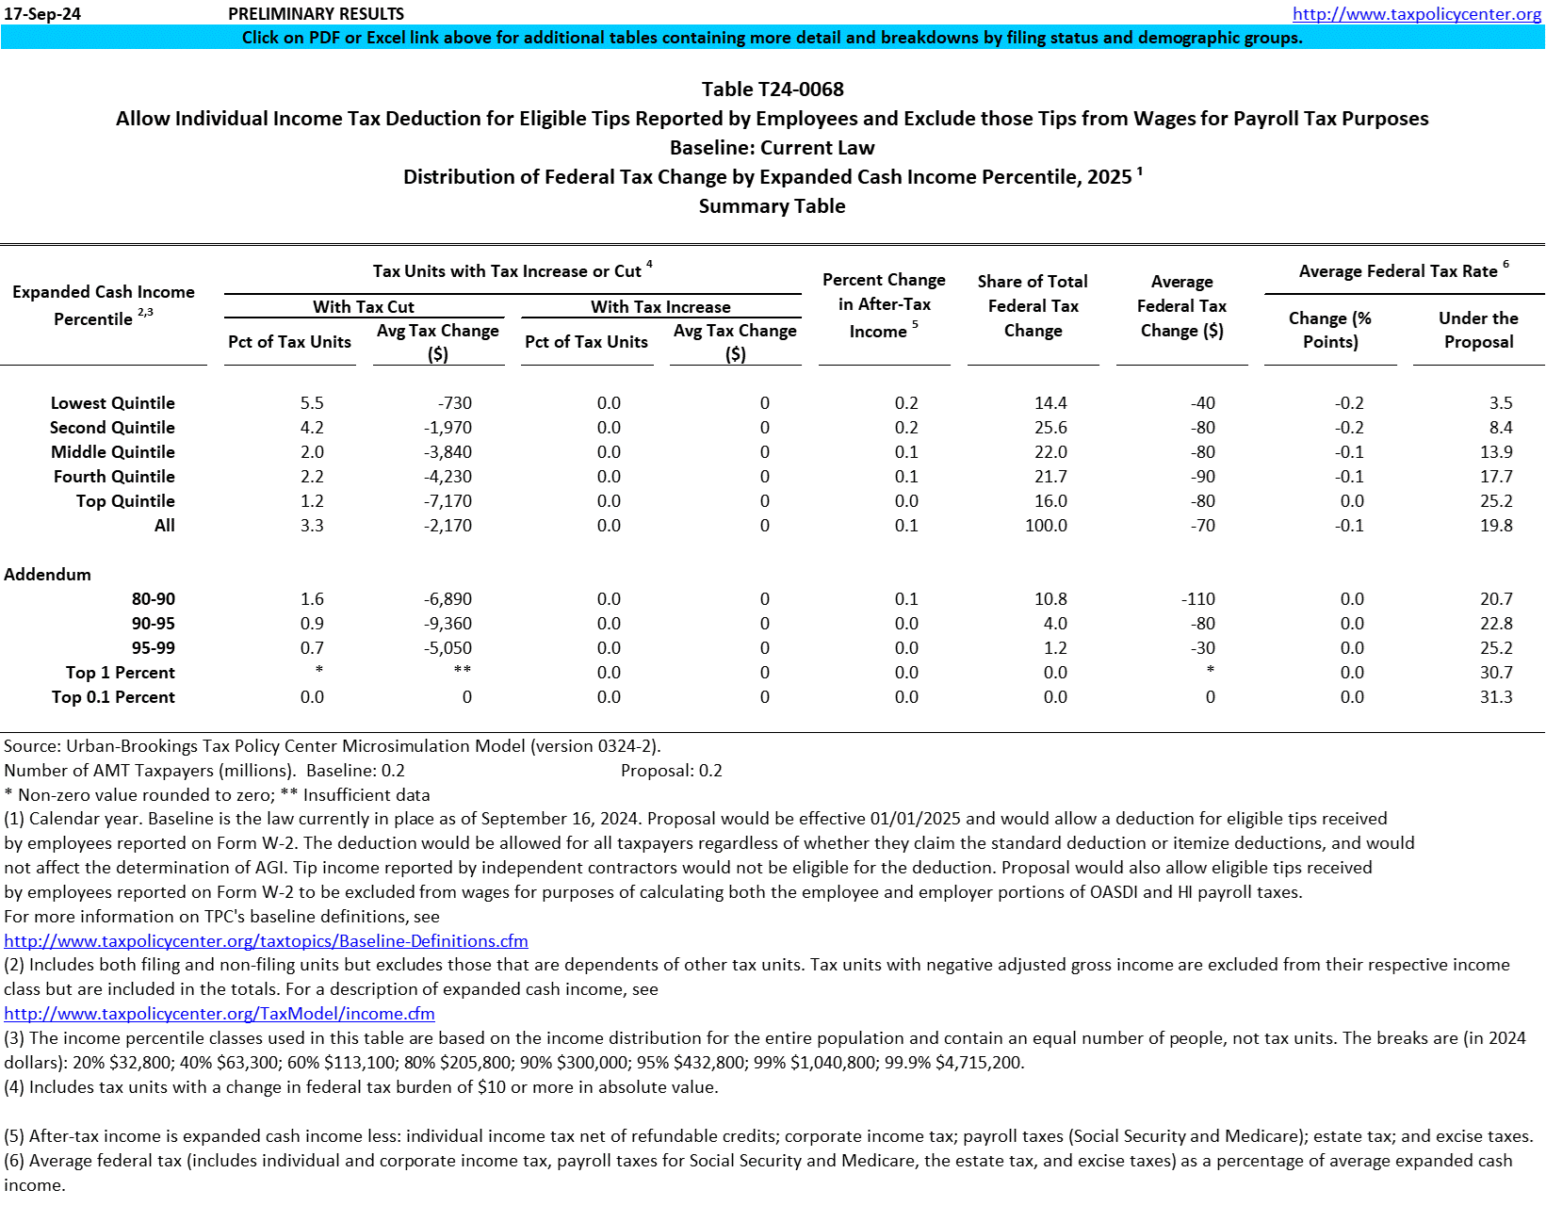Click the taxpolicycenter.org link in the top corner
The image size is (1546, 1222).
(x=1416, y=13)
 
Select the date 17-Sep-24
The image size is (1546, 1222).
(x=42, y=14)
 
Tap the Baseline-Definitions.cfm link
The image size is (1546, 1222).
(x=266, y=941)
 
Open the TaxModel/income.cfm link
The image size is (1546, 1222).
(x=220, y=1014)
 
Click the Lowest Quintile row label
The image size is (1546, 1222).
(x=112, y=403)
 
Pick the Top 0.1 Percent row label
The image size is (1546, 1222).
(x=113, y=697)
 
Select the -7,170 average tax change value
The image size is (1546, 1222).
(x=448, y=501)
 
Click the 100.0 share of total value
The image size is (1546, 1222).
(x=1046, y=526)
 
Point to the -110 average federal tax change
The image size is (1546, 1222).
(x=1198, y=599)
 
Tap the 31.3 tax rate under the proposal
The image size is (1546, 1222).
(x=1495, y=697)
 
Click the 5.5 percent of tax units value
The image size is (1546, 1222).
(x=312, y=403)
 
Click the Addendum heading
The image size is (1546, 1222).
(x=48, y=575)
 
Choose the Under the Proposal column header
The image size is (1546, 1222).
(x=1478, y=330)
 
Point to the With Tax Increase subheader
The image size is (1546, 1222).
(x=660, y=307)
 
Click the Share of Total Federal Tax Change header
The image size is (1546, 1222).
(x=1033, y=306)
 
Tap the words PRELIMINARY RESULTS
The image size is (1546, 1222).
(x=317, y=14)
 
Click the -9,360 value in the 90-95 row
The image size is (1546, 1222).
(x=448, y=624)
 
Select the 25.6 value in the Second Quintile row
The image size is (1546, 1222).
(x=1050, y=428)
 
